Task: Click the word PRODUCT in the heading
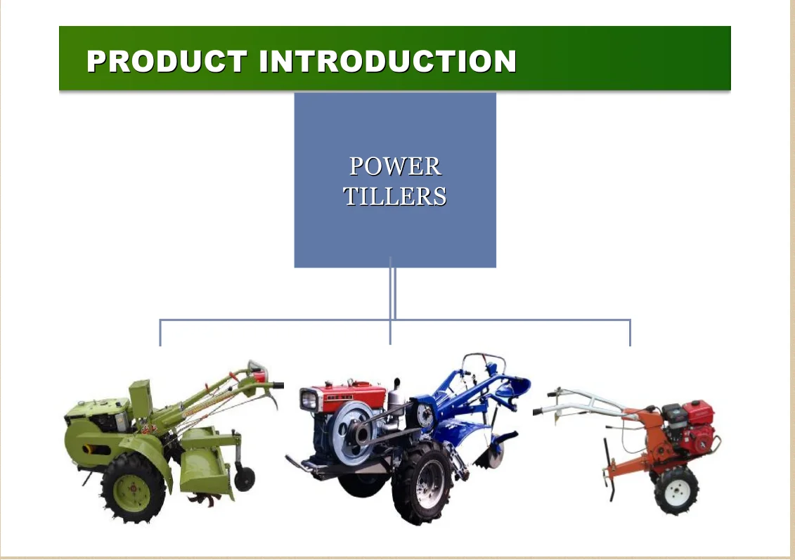click(x=166, y=61)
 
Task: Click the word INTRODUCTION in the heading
click(x=388, y=61)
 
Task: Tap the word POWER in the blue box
click(x=395, y=167)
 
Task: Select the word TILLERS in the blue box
click(x=395, y=196)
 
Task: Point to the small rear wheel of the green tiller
click(x=245, y=478)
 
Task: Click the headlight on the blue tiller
click(x=309, y=400)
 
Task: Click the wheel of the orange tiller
click(x=676, y=489)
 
